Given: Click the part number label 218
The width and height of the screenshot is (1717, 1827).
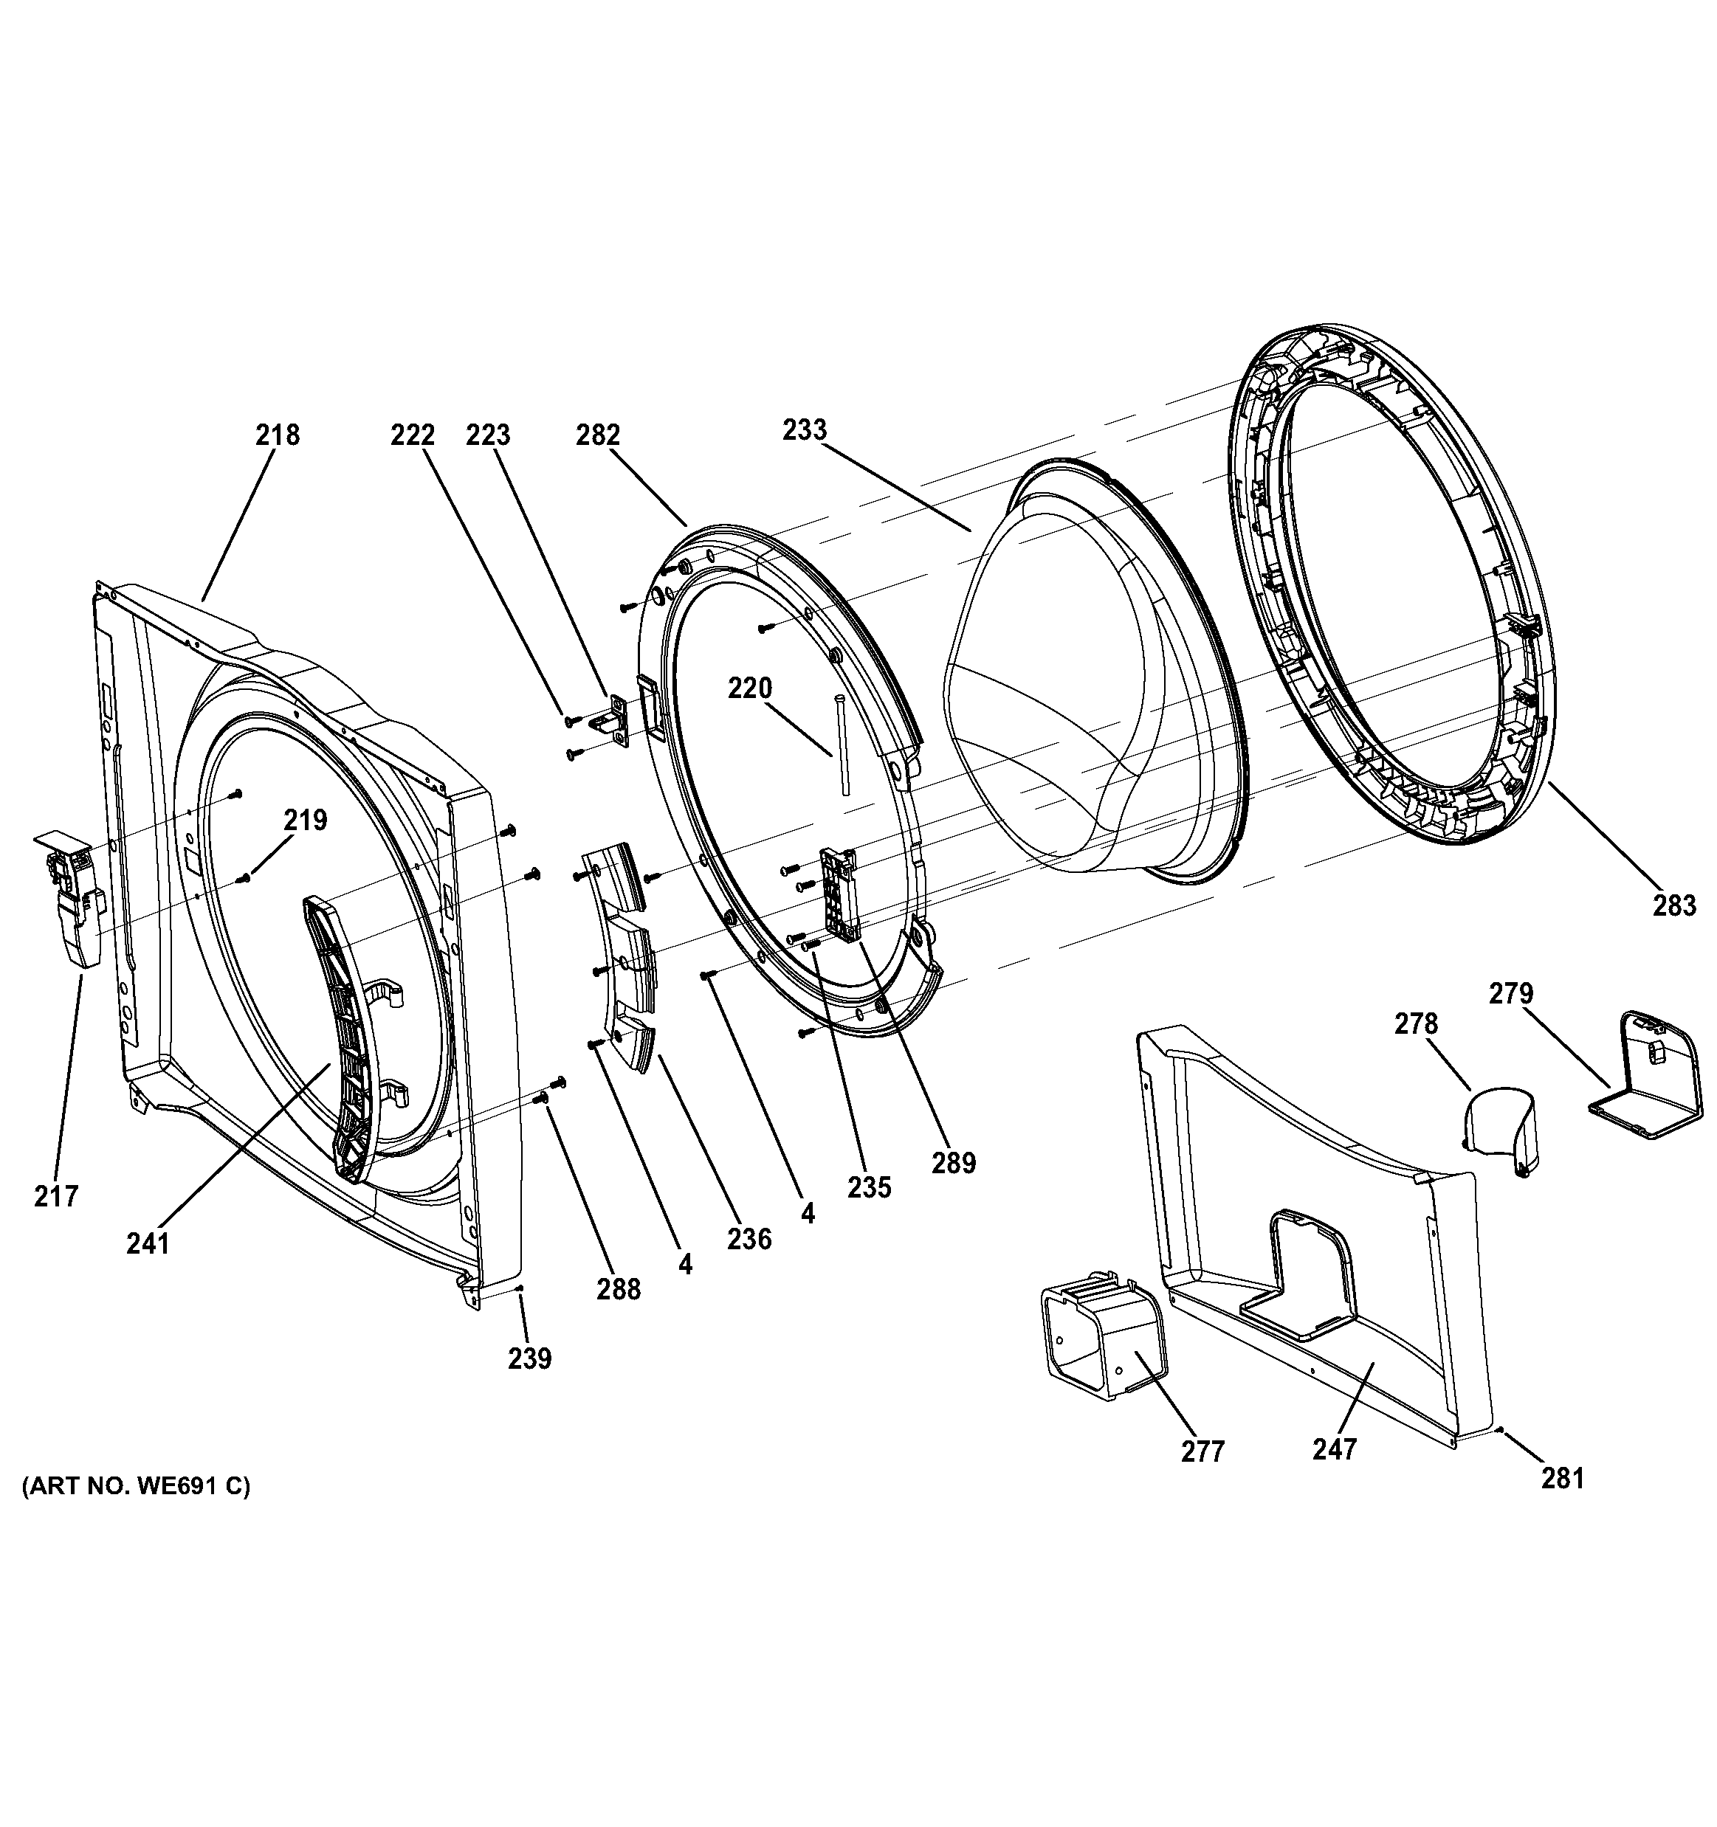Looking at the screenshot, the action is point(278,434).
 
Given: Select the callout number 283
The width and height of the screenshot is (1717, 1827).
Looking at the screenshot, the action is point(1673,905).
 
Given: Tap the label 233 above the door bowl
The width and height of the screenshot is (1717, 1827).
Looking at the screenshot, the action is point(805,429).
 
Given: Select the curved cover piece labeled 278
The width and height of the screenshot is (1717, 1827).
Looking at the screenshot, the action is point(1501,1128).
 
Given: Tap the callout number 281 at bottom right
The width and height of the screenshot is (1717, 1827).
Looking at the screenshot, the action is point(1563,1504).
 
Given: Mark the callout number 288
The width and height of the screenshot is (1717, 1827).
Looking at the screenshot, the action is point(618,1289).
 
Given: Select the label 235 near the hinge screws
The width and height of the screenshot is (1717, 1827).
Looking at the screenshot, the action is point(869,1187).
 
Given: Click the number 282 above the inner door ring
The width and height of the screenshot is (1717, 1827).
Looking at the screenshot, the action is point(599,434).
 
